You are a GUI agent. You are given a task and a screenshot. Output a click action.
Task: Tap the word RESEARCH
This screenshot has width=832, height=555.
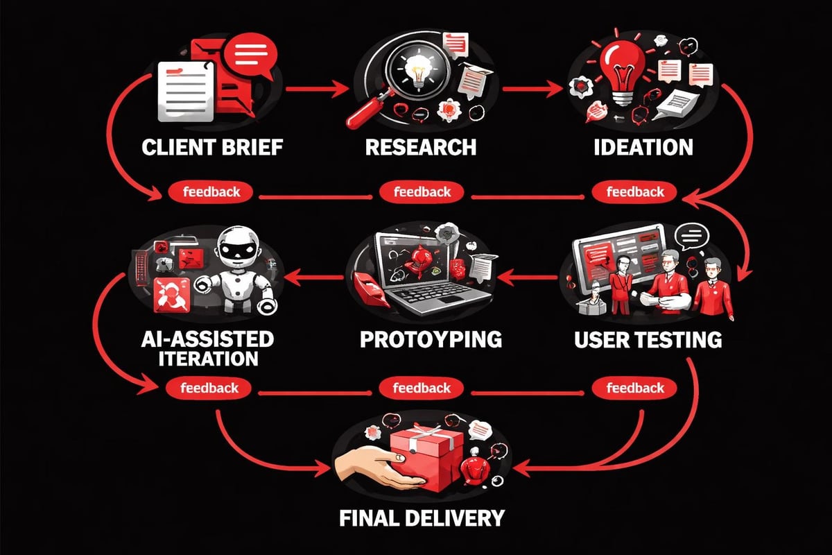click(420, 147)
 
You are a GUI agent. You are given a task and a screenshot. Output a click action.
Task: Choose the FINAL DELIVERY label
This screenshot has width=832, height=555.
click(421, 518)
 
